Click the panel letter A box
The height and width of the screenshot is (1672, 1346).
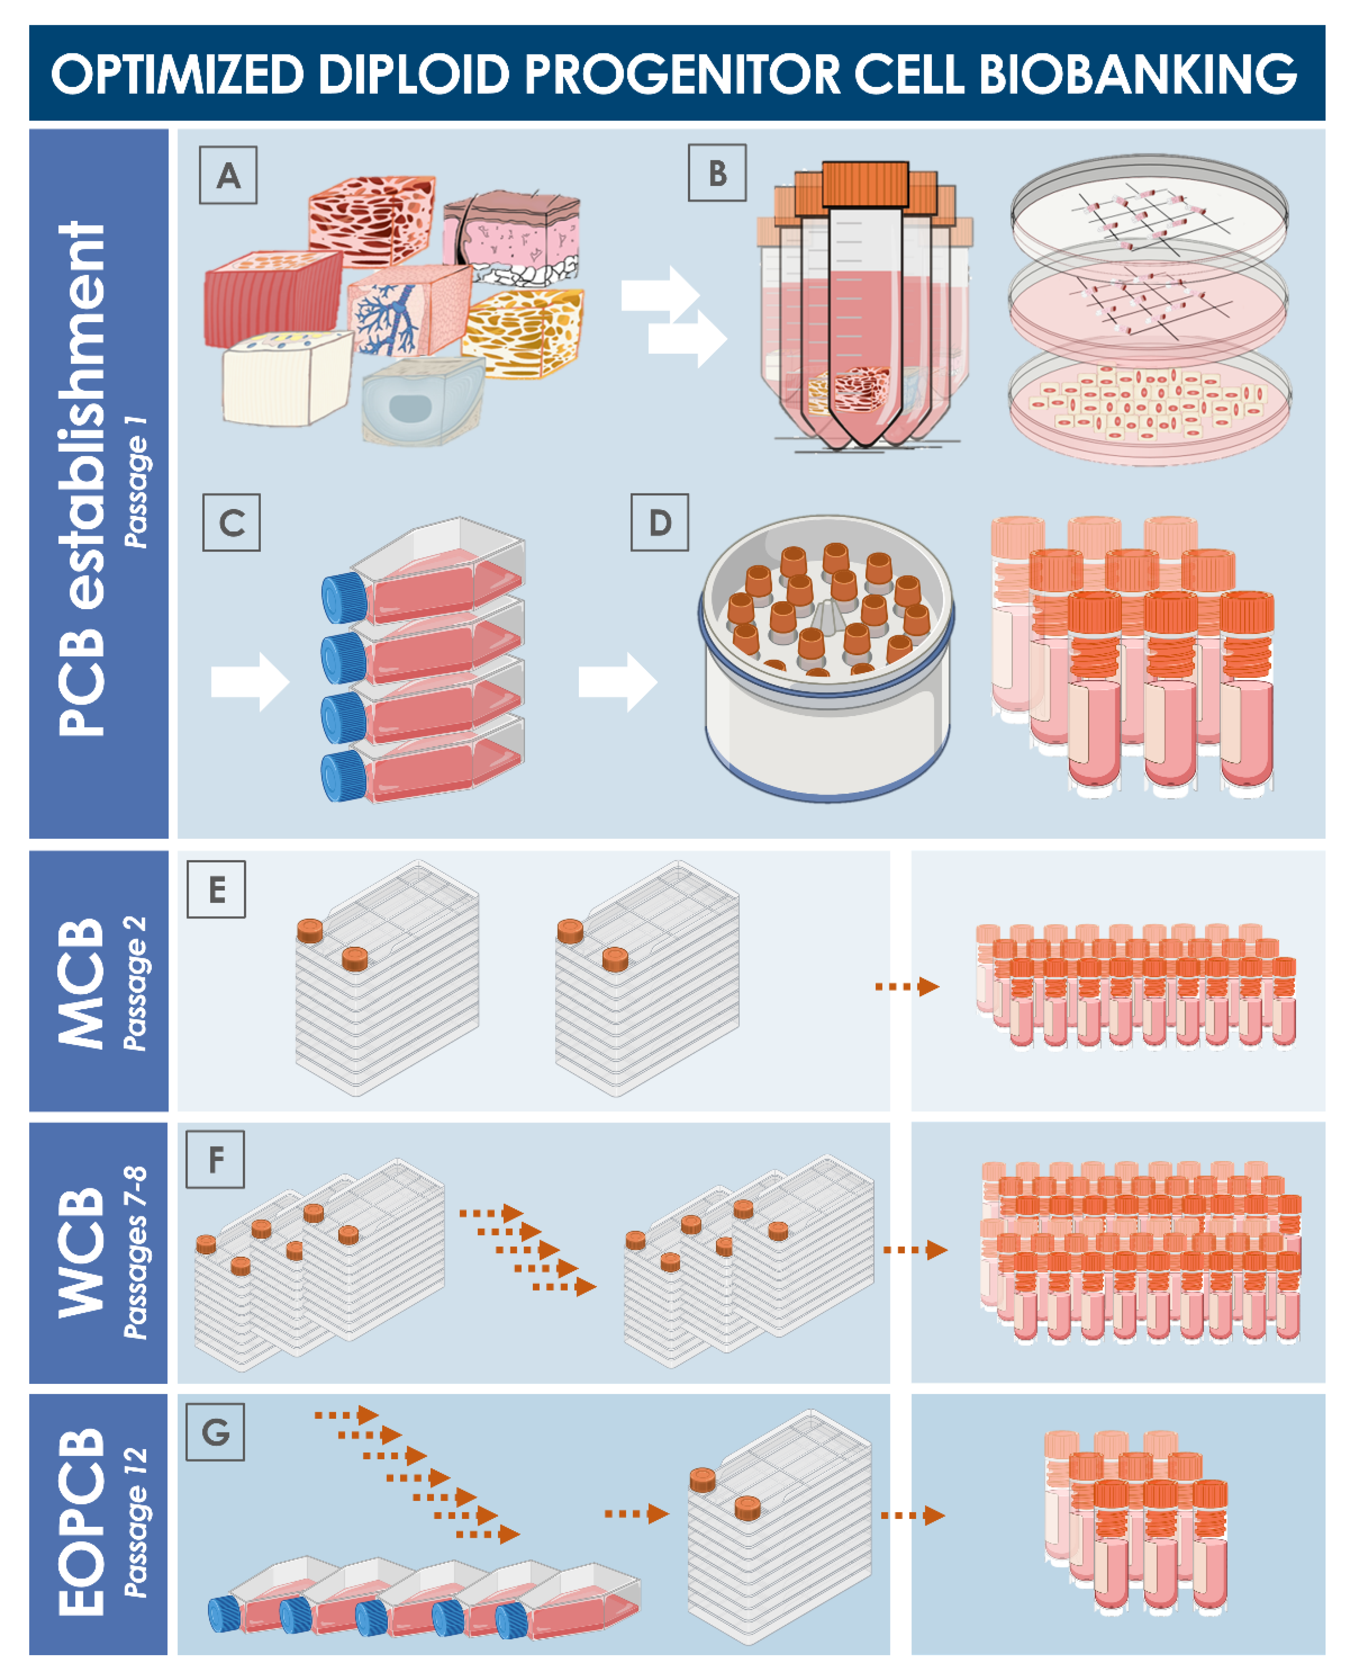pyautogui.click(x=228, y=176)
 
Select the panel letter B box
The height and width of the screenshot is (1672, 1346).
pyautogui.click(x=717, y=173)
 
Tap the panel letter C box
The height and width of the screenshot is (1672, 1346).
pyautogui.click(x=231, y=523)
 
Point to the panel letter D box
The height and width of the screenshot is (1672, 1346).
pyautogui.click(x=659, y=523)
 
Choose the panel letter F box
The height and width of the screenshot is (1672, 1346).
pyautogui.click(x=216, y=1159)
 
